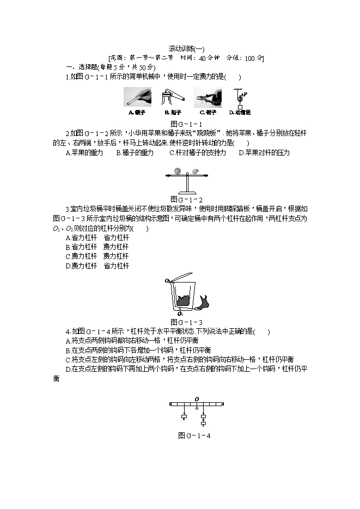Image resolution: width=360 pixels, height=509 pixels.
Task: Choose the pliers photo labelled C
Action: click(x=209, y=98)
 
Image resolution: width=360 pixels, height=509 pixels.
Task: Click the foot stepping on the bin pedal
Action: click(x=206, y=302)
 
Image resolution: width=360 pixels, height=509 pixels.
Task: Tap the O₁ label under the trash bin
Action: click(x=179, y=314)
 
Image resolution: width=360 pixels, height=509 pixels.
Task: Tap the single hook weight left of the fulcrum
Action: click(x=184, y=418)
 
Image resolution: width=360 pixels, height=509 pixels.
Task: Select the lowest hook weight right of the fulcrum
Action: click(x=203, y=422)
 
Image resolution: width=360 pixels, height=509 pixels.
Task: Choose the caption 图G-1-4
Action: click(x=194, y=436)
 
